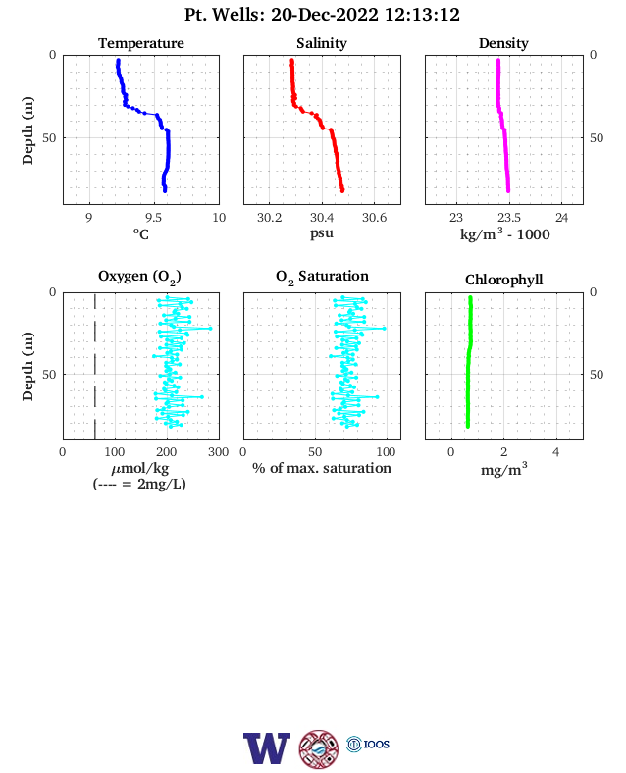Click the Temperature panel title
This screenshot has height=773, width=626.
141,43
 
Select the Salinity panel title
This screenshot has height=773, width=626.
322,43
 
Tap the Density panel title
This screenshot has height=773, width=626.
503,43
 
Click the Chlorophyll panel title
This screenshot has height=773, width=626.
503,280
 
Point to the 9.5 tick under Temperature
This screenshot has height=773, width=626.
153,218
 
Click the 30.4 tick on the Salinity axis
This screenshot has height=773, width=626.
322,218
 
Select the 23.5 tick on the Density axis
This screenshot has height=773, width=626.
508,218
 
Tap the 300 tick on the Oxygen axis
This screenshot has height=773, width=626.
219,452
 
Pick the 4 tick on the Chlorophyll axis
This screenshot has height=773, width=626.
556,452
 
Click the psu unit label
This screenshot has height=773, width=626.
322,232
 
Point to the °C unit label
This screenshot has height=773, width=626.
141,233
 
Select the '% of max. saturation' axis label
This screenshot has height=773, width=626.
322,468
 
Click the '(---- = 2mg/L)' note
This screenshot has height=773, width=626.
139,484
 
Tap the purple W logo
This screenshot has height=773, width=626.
267,747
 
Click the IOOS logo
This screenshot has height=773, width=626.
368,744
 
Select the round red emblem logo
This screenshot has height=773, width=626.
319,748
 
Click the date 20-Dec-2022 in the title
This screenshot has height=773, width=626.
325,15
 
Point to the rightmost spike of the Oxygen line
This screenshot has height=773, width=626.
211,328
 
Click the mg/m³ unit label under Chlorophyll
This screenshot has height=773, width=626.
503,469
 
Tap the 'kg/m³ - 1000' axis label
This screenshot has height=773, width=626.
504,233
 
